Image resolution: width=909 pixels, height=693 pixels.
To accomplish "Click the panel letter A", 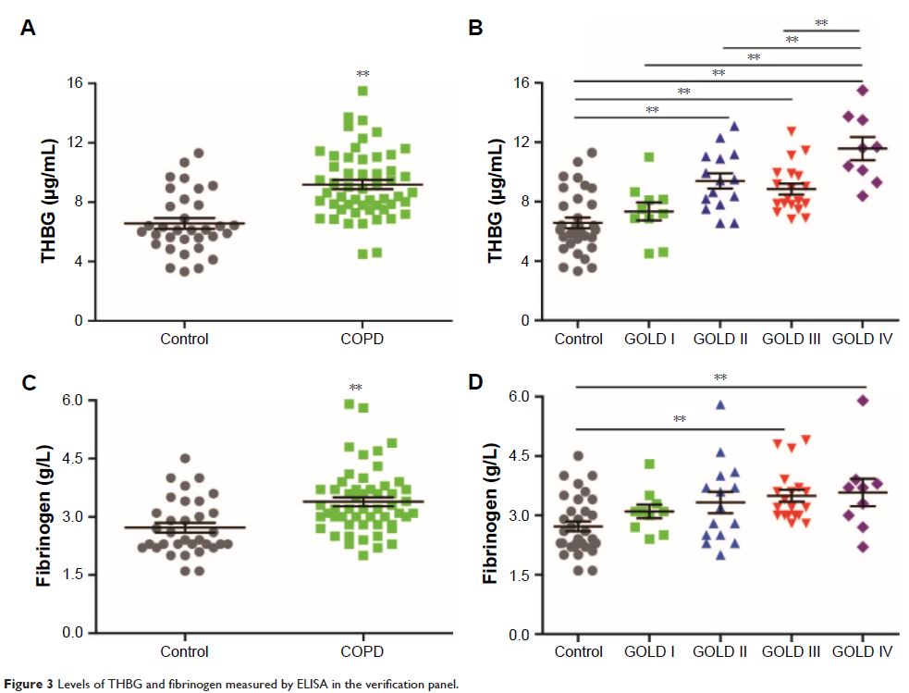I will click(29, 29).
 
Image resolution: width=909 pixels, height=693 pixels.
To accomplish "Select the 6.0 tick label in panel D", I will click(521, 396).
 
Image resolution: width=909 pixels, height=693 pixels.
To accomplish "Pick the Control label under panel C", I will click(184, 651).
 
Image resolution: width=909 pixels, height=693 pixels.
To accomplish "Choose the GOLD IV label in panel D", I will click(861, 652).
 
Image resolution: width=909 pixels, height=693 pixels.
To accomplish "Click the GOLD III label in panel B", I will click(792, 339).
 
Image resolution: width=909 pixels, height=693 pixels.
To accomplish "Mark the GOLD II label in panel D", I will click(720, 652).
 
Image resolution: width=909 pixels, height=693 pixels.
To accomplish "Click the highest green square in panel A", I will click(363, 91).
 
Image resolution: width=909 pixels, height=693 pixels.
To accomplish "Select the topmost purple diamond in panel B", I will click(862, 90).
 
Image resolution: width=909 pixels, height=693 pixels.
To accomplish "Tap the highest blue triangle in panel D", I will click(719, 404).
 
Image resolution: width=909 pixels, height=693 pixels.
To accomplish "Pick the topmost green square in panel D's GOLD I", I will click(649, 464).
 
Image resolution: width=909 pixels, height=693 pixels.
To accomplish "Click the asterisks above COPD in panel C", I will click(355, 388).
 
